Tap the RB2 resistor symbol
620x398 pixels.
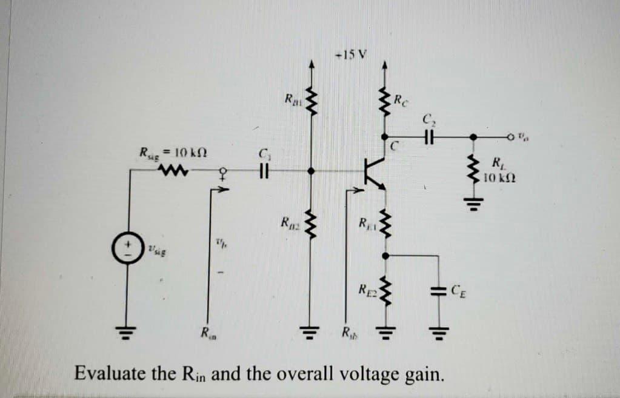[313, 224]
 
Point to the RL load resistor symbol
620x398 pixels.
[474, 169]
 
